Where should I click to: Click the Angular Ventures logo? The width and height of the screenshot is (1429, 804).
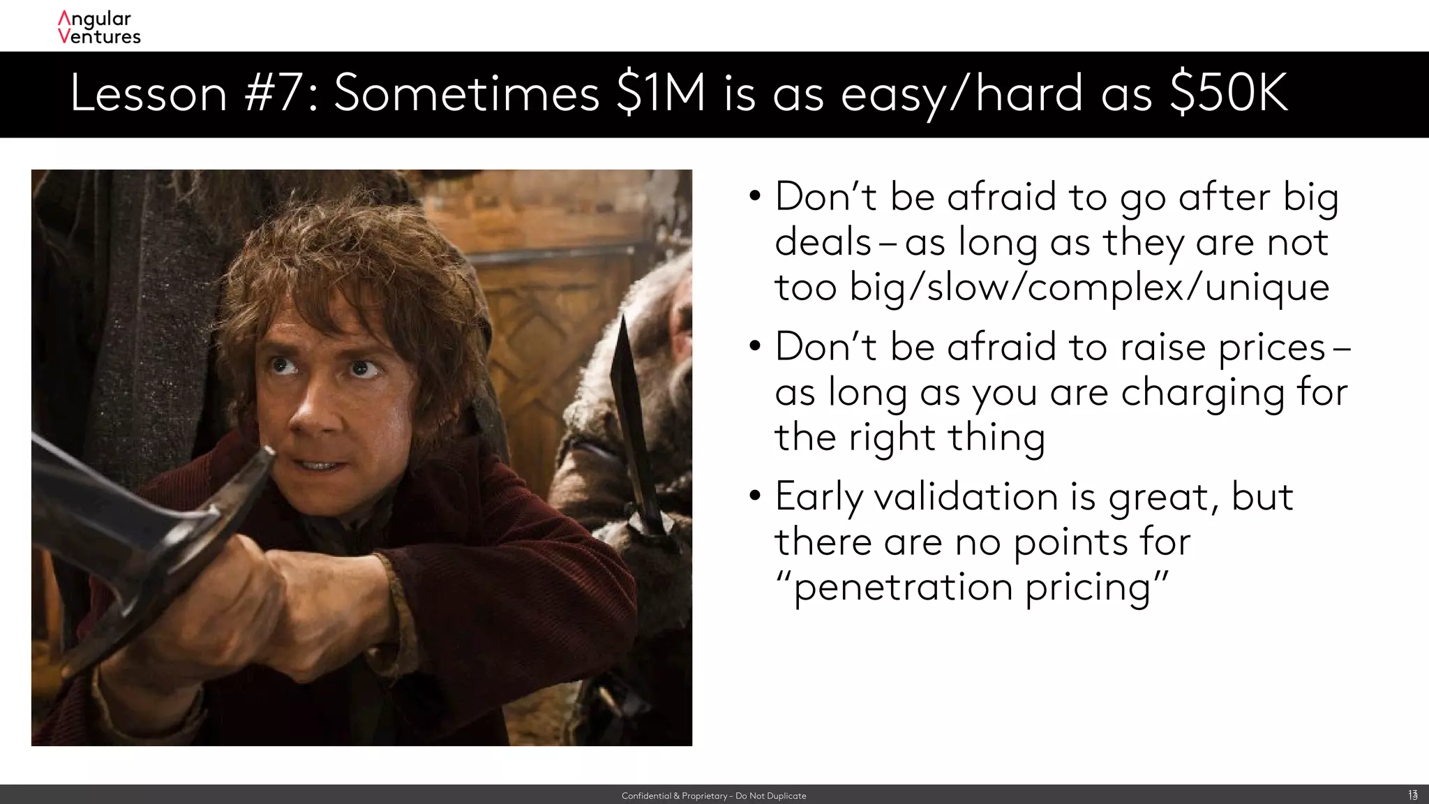coord(99,28)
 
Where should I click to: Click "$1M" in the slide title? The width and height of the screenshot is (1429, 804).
coord(661,93)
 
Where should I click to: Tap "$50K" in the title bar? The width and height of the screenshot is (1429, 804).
coord(1229,93)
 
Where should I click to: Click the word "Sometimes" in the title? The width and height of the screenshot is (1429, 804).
coord(466,93)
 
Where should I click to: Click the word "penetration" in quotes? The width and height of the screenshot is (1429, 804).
coord(903,587)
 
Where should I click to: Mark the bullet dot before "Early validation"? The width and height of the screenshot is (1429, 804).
coord(754,496)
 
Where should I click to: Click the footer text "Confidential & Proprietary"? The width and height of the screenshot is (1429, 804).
coord(674,796)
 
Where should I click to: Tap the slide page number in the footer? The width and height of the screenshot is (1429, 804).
coord(1412,795)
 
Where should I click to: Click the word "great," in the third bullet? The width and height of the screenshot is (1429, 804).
coord(1163,497)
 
